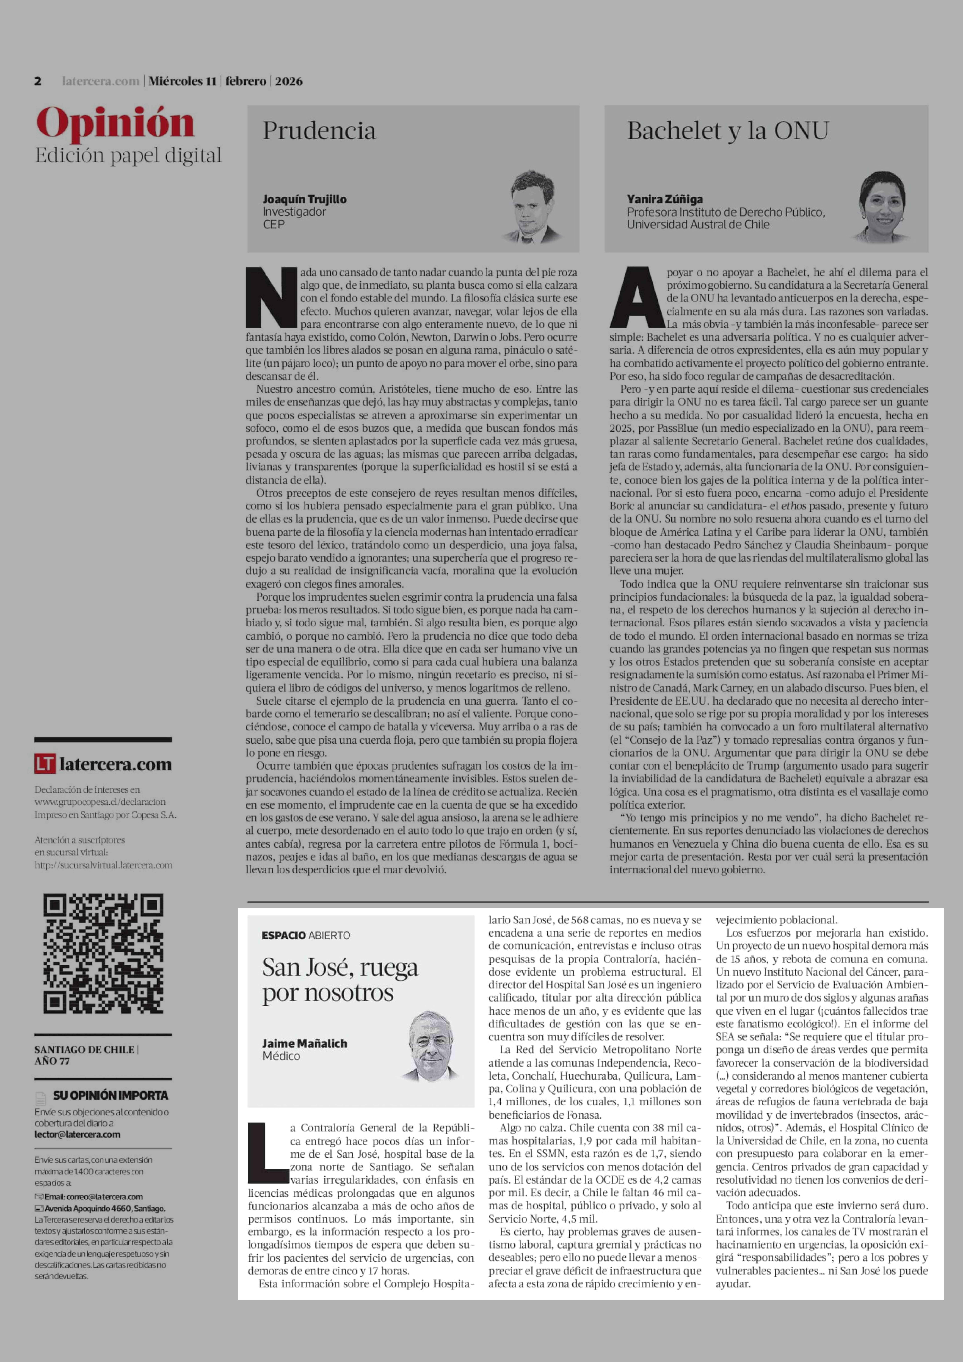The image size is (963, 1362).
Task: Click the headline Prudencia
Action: (x=319, y=130)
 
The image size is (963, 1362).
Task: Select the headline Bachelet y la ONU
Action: (x=728, y=130)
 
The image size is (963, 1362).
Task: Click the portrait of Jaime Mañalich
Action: (x=432, y=1046)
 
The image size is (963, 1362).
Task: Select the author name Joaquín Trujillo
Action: (x=304, y=199)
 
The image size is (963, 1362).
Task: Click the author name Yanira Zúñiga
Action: (x=665, y=199)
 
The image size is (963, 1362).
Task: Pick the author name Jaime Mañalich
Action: (x=304, y=1043)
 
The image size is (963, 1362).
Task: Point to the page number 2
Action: (x=38, y=81)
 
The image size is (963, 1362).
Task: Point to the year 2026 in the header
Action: (x=289, y=81)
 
